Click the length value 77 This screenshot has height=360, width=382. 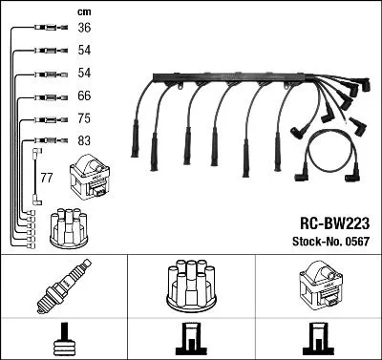[x=46, y=178]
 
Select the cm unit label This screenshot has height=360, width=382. [x=84, y=11]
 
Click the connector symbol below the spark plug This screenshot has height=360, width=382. [x=64, y=338]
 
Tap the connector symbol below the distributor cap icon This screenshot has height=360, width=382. [x=191, y=338]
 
